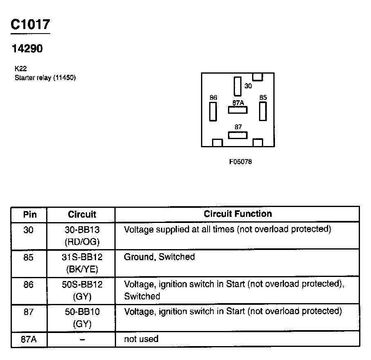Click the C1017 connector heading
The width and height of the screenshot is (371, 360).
(30, 25)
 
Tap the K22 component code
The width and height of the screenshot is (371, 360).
(20, 69)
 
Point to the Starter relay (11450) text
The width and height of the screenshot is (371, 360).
(45, 78)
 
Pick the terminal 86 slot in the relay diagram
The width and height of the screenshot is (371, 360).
(213, 111)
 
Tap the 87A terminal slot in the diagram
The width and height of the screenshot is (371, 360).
(238, 110)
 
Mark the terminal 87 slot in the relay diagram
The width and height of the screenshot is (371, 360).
(238, 135)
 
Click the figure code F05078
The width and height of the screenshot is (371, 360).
(240, 162)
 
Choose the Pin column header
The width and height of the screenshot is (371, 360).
(29, 214)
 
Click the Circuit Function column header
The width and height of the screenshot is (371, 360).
(237, 214)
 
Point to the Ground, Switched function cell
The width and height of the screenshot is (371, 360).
(159, 257)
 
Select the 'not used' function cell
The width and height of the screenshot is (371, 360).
(141, 339)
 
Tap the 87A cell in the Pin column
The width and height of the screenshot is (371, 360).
(29, 339)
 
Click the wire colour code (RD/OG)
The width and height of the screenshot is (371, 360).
(82, 242)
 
